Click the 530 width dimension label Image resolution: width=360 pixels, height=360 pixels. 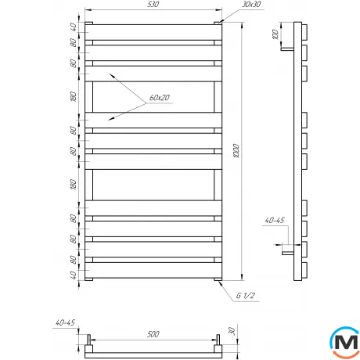[x=153, y=4]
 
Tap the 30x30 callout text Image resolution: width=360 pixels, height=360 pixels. [x=251, y=4]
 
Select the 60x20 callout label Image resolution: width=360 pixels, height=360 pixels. [x=160, y=98]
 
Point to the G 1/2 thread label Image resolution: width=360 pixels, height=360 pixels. [x=246, y=296]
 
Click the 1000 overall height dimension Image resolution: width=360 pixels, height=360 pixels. [x=236, y=150]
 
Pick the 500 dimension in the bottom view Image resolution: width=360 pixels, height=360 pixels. [x=153, y=334]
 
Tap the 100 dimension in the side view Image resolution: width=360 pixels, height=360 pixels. [x=275, y=34]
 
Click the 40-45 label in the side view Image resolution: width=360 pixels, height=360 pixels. [x=275, y=220]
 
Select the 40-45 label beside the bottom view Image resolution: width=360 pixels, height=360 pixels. [x=65, y=322]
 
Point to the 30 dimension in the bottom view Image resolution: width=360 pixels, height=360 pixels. [x=232, y=331]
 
